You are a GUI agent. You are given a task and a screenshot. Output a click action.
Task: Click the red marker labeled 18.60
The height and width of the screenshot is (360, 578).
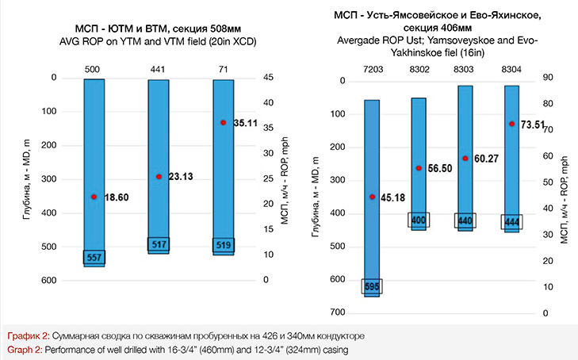pos(94,197)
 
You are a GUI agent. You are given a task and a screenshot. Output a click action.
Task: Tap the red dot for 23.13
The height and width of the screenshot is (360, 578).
pos(159,177)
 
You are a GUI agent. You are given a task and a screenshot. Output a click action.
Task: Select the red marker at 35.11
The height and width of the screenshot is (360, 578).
pos(224,123)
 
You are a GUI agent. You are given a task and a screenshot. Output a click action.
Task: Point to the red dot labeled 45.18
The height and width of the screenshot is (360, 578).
pos(372,197)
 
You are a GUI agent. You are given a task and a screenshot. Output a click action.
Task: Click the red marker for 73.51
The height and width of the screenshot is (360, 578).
pos(511,124)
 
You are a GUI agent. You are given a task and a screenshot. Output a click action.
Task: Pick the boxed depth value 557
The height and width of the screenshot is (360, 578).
pos(94,259)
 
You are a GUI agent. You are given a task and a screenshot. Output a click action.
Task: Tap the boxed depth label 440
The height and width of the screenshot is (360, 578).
pos(465,220)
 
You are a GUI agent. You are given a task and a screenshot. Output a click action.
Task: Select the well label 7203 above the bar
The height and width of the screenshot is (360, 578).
pos(371,71)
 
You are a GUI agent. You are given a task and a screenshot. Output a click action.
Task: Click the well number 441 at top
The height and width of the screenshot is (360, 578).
pos(159,71)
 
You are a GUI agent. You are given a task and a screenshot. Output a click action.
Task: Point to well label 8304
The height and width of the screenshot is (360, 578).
pos(511,71)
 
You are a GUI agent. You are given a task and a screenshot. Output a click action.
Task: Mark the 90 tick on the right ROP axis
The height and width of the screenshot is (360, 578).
pos(546,78)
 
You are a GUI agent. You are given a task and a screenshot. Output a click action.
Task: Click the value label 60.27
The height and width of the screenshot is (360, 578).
pos(487,159)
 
